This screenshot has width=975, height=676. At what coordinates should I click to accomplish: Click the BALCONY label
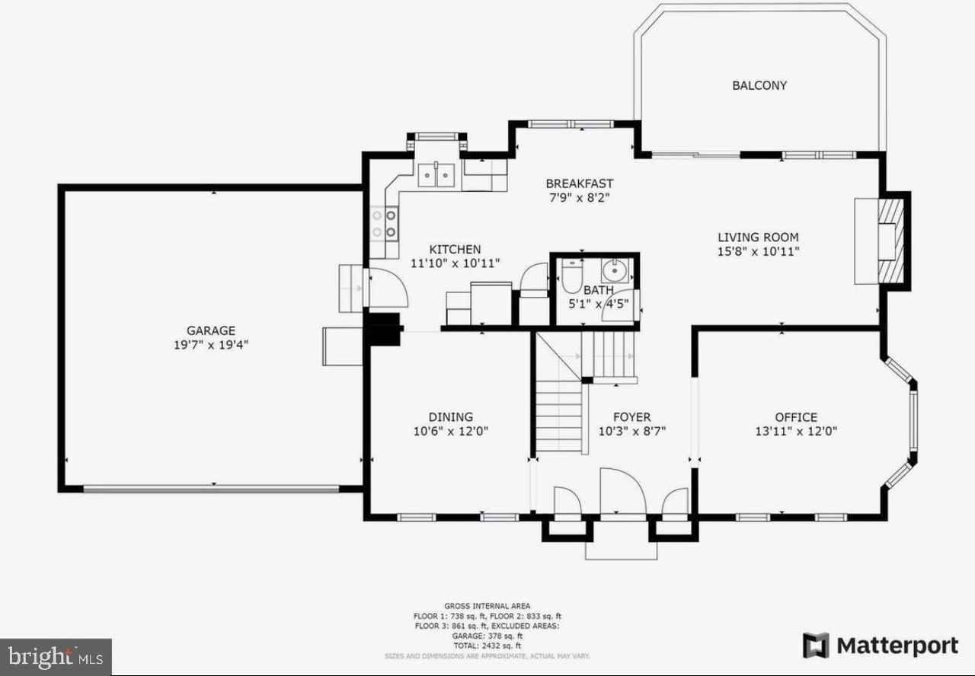[759, 85]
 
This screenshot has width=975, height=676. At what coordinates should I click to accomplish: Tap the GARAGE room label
[211, 330]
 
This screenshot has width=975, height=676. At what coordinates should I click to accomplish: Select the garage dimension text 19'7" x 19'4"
[211, 345]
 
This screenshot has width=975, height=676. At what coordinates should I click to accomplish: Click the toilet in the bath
[571, 278]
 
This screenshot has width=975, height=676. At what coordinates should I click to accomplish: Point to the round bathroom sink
[614, 269]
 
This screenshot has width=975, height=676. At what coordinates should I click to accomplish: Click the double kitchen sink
[437, 175]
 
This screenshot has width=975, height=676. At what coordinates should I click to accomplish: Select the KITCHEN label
[455, 249]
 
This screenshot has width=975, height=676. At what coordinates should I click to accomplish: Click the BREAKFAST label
[579, 183]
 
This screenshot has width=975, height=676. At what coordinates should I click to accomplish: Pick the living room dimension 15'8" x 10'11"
[758, 251]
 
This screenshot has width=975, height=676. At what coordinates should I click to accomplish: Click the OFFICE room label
[796, 417]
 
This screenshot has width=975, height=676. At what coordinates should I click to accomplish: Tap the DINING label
[450, 416]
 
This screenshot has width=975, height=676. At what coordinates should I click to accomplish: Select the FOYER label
[631, 417]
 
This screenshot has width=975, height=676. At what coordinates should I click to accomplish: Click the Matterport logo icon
[817, 646]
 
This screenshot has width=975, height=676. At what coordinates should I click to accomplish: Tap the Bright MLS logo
[56, 656]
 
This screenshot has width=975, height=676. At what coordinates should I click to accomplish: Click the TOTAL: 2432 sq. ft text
[487, 645]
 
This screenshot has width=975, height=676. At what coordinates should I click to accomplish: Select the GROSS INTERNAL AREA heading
[487, 606]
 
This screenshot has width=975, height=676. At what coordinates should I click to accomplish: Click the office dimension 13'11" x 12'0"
[796, 431]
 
